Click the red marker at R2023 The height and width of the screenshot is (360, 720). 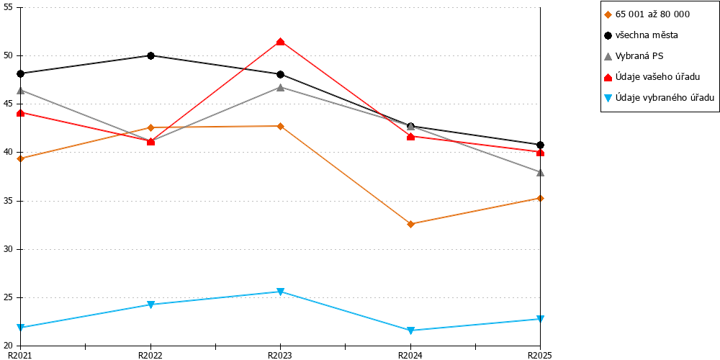point(280,42)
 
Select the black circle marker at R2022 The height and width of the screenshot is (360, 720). point(150,55)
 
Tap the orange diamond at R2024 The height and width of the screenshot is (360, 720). point(410,224)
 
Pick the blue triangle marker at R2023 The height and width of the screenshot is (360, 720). point(280,292)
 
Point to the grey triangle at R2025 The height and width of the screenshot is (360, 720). point(541,172)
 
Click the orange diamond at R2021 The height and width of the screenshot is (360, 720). point(21,158)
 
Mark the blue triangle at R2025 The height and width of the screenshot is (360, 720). point(541,319)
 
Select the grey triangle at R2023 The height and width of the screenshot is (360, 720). point(280,87)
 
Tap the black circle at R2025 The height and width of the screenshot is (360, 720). point(541,145)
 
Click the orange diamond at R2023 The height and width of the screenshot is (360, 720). point(280,126)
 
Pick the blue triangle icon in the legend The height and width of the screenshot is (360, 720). point(608,97)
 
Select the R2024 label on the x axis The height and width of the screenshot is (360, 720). point(410,355)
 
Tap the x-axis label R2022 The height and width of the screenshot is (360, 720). point(150,355)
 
